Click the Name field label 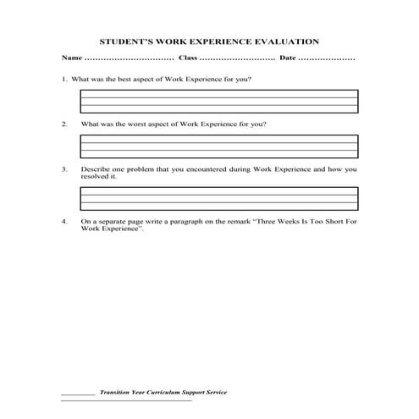[x=71, y=58]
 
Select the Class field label [x=188, y=58]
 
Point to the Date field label [x=288, y=58]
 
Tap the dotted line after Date [x=327, y=58]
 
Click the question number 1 [x=63, y=79]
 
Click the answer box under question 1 [x=218, y=102]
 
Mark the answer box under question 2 [x=218, y=147]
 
